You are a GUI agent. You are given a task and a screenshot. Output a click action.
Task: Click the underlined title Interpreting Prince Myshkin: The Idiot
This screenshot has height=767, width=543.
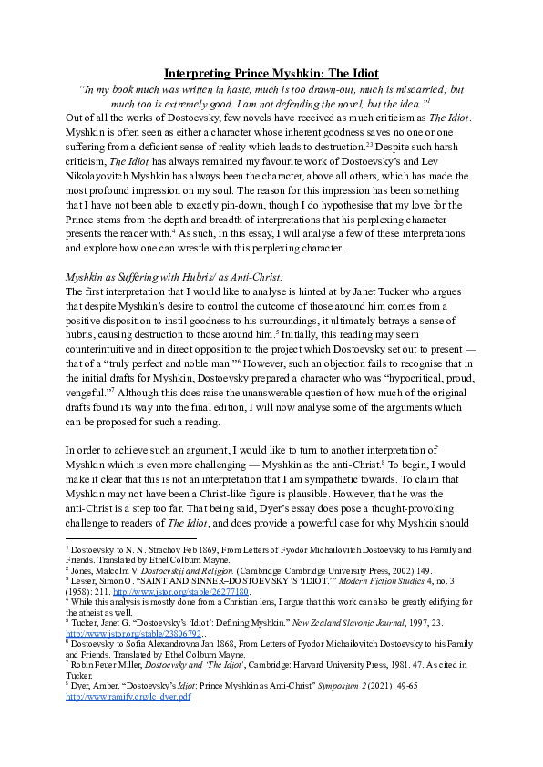[x=271, y=73]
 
